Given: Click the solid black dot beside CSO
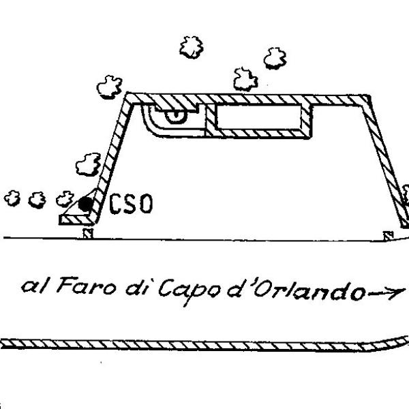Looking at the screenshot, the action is pos(86,204).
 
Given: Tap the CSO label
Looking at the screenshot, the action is pos(131,204).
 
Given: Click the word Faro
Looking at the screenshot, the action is pos(87,286).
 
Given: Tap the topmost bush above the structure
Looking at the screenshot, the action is pos(192,47).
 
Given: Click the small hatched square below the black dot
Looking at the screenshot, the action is pos(88,233).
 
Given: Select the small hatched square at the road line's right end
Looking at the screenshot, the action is pos(389,236).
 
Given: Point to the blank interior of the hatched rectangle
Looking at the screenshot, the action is pos(259,117).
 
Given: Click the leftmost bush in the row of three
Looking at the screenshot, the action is pos(12,198).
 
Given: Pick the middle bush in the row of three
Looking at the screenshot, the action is pos(37,200).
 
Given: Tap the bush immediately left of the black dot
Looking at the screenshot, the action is pos(65,199).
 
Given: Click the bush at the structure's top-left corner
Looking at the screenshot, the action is pos(110,87).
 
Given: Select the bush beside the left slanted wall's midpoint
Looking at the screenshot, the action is pos(89,164).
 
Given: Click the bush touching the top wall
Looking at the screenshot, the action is pos(245,80).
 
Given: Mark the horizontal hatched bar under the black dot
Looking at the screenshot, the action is pos(76,219).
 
